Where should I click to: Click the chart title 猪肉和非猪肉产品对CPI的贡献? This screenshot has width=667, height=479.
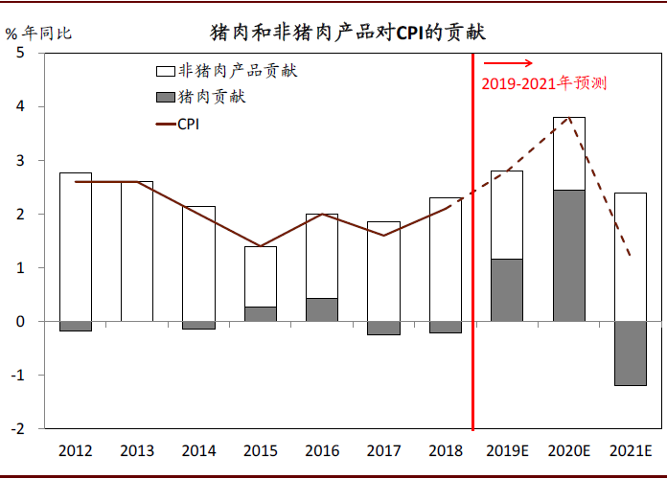point(348,33)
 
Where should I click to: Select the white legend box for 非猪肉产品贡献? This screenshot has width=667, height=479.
point(164,71)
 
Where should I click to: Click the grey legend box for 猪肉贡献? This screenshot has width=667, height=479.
point(164,97)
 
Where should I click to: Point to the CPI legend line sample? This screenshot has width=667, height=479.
point(164,124)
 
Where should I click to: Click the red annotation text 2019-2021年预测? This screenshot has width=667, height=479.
point(543,84)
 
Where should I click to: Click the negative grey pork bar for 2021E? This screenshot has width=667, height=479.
point(630,353)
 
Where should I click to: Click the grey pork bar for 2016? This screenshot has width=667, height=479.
point(322,309)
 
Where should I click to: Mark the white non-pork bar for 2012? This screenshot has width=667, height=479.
point(76,246)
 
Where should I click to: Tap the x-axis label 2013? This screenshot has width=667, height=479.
point(137,450)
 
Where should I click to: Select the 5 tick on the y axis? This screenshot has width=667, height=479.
point(20,54)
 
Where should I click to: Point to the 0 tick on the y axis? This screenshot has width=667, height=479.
point(20,322)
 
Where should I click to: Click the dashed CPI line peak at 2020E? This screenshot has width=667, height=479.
point(569,117)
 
